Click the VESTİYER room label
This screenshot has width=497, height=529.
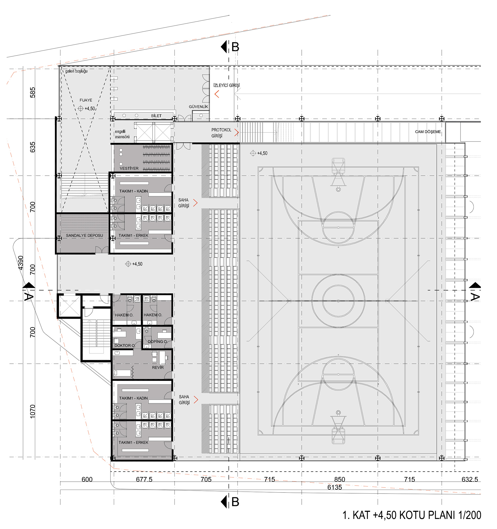click(129, 168)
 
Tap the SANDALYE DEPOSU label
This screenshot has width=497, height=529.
click(84, 235)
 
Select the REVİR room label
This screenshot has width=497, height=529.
click(157, 367)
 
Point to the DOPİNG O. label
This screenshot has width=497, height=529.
click(157, 341)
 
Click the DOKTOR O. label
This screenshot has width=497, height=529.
click(125, 346)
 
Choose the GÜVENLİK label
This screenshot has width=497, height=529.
click(198, 107)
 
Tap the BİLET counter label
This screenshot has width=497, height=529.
click(156, 116)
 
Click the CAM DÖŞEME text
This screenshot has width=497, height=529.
click(428, 132)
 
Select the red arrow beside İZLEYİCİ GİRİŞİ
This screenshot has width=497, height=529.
click(217, 94)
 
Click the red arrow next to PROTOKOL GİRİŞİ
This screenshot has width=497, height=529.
click(236, 133)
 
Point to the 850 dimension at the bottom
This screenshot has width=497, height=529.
click(340, 480)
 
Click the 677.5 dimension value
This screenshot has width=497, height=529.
click(144, 480)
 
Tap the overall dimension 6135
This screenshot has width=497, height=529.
click(334, 487)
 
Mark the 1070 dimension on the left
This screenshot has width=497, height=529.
click(32, 411)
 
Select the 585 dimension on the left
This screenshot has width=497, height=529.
click(32, 93)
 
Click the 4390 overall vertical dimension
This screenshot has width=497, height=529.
click(20, 263)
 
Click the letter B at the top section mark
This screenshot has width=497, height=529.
click(235, 47)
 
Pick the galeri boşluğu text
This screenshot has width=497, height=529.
click(76, 71)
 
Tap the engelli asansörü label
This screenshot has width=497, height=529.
click(122, 134)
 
